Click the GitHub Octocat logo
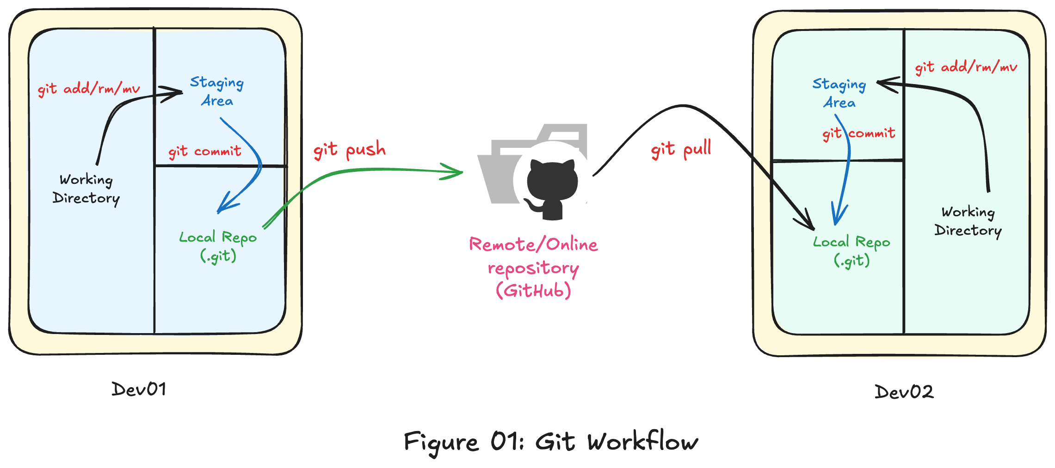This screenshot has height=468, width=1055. [552, 187]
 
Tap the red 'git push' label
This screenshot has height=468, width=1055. [349, 150]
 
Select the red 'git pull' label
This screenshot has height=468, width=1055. [681, 149]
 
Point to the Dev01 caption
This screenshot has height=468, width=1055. [139, 389]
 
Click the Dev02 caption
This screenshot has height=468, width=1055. [904, 392]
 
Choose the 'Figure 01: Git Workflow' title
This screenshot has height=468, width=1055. [550, 442]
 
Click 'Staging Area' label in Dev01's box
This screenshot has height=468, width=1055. [217, 91]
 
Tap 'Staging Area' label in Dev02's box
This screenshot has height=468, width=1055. [839, 93]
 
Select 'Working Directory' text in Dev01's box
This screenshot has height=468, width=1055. [86, 189]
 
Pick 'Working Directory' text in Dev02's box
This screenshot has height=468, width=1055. [968, 221]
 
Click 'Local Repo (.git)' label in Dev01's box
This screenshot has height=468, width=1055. [218, 246]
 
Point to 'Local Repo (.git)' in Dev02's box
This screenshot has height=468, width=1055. [851, 251]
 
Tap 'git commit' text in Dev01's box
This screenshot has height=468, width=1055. [204, 152]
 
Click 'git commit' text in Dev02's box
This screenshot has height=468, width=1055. [859, 134]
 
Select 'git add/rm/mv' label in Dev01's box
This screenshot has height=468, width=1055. [89, 88]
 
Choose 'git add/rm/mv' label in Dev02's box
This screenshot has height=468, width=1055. [966, 67]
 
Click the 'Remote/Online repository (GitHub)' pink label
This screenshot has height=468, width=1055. [533, 267]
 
